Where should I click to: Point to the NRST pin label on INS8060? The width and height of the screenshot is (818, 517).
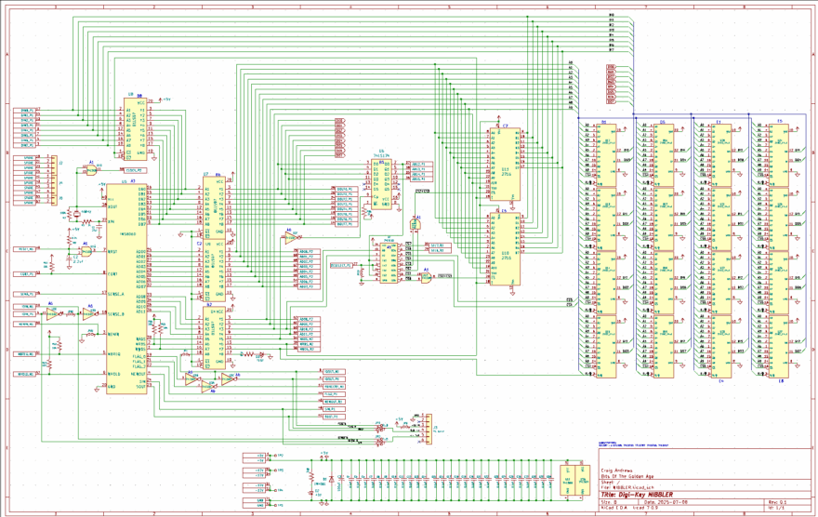pos(112,251)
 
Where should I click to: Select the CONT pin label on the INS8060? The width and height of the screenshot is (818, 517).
pos(112,274)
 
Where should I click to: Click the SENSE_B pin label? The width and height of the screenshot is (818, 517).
pos(116,314)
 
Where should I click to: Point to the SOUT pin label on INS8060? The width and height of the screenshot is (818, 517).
pos(141,386)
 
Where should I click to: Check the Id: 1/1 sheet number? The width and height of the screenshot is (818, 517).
pos(776,509)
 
